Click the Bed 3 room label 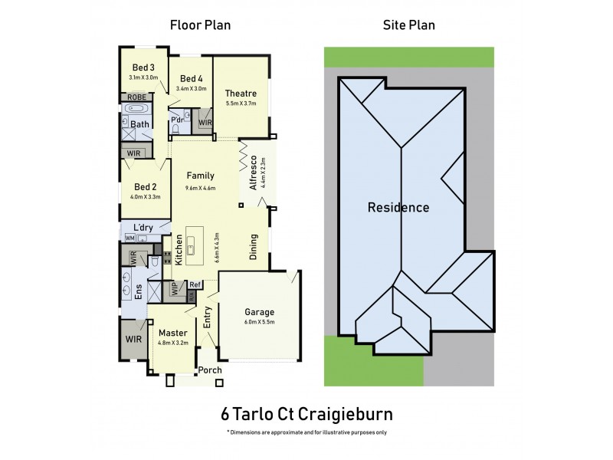click(x=143, y=67)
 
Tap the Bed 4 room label click(x=191, y=78)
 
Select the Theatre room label click(x=240, y=94)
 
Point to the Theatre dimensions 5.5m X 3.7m click(x=240, y=103)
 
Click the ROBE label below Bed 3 click(x=137, y=97)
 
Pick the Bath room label click(x=139, y=124)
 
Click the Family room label click(x=200, y=176)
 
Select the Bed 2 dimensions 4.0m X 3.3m click(x=146, y=197)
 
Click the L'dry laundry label click(x=143, y=227)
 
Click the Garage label click(x=259, y=313)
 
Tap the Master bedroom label click(x=172, y=333)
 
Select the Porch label click(x=210, y=370)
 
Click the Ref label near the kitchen click(x=195, y=284)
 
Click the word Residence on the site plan click(x=398, y=207)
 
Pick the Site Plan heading click(x=408, y=25)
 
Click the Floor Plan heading click(x=200, y=25)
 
